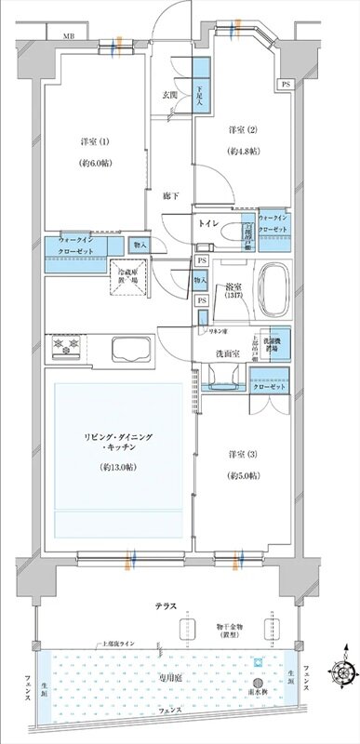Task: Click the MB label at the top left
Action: pos(69,36)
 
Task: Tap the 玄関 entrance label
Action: pos(171,95)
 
